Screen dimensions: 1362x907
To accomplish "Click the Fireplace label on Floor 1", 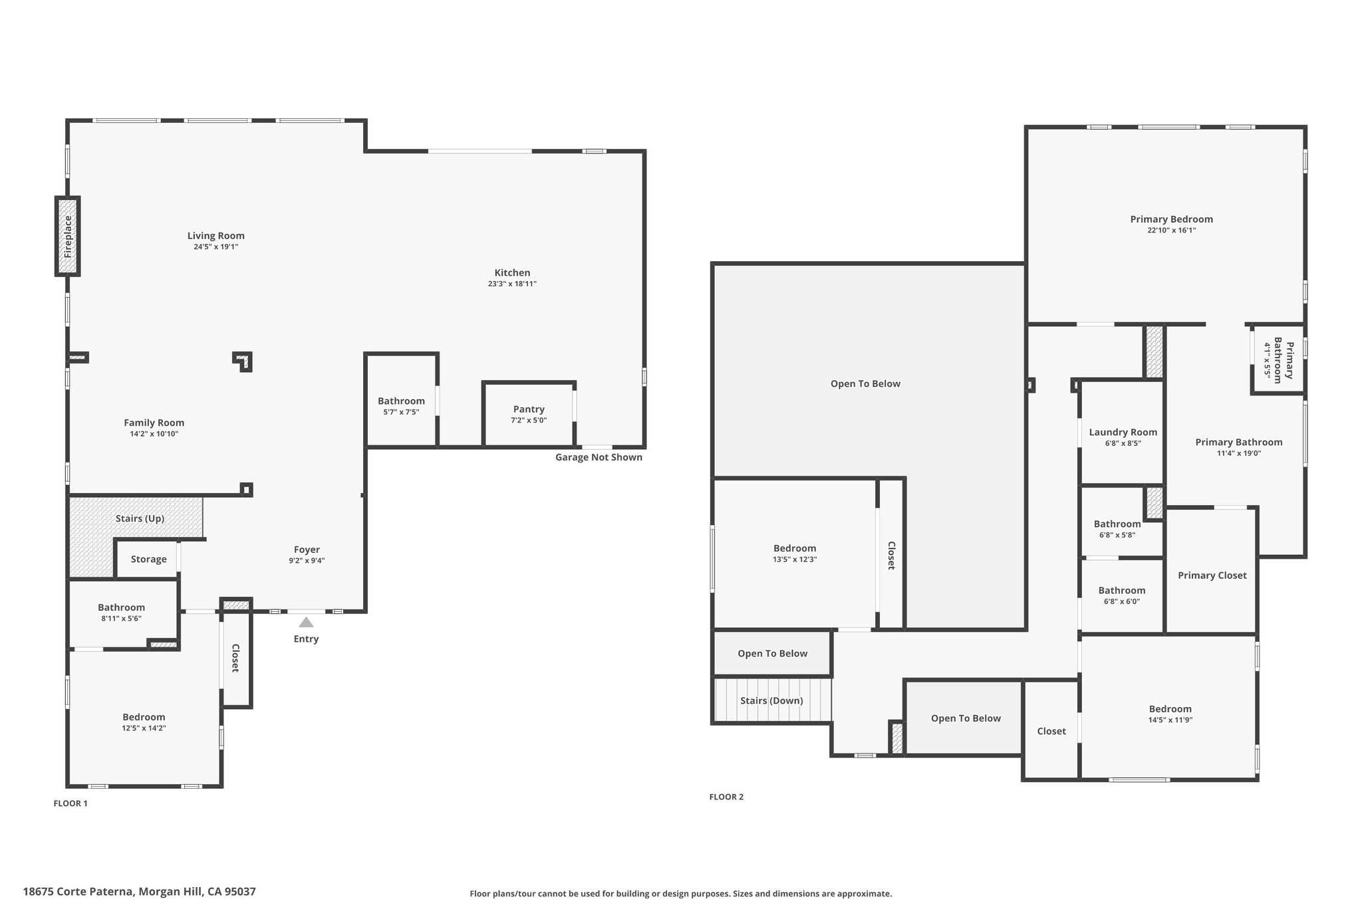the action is (x=68, y=237).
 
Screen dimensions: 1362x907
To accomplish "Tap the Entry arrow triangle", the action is (x=306, y=623).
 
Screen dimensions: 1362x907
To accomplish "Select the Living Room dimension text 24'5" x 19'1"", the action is (x=215, y=247).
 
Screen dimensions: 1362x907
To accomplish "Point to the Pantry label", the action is (x=529, y=409).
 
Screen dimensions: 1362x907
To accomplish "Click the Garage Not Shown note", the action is (x=599, y=457).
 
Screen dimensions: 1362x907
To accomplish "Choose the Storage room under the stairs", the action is (x=148, y=559).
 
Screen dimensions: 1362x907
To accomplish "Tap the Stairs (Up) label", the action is (x=140, y=518).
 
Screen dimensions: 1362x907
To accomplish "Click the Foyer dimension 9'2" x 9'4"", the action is (x=307, y=561).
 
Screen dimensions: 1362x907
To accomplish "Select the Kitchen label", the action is (x=512, y=272).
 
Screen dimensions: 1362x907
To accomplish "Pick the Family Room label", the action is (x=154, y=423).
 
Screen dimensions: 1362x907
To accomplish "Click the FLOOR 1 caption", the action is (x=70, y=803).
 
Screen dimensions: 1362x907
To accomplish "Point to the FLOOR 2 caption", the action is (x=726, y=797).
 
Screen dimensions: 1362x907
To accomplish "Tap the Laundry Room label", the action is (x=1123, y=433).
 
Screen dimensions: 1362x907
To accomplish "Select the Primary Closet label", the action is (x=1212, y=575).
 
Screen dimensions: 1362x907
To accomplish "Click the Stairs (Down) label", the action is (x=771, y=701).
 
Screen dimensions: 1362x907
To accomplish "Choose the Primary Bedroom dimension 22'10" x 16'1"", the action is (x=1171, y=231).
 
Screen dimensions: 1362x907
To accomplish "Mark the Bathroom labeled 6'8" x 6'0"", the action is (x=1122, y=595).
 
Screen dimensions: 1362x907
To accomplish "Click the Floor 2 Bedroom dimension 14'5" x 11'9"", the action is (x=1170, y=720).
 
